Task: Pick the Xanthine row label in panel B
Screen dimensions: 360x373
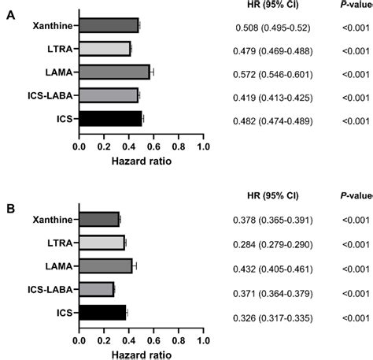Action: (x=52, y=220)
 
